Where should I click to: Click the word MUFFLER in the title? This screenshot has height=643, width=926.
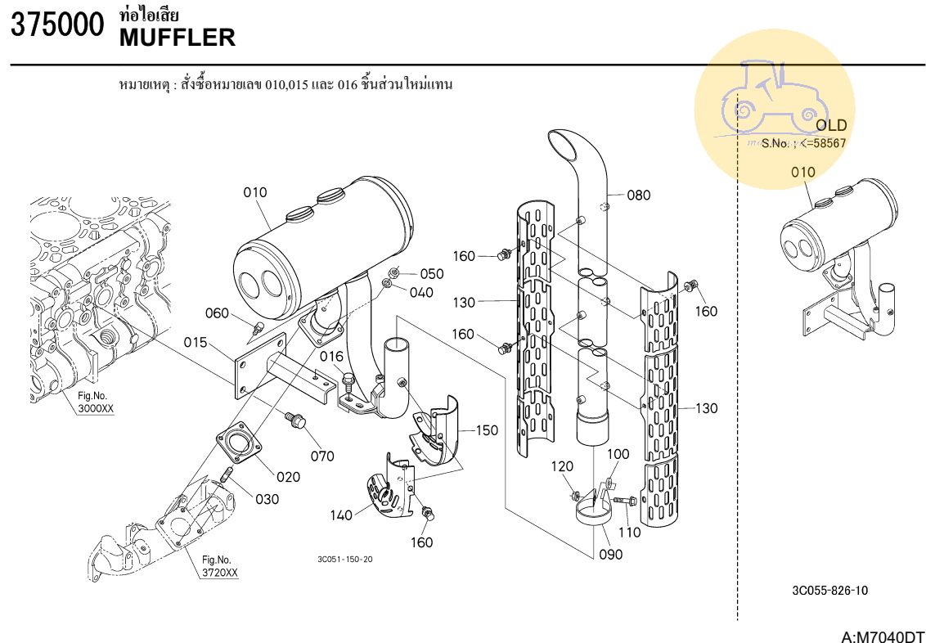pos(178,38)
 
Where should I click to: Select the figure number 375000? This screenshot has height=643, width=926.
pos(57,25)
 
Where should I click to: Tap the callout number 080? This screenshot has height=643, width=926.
pos(639,196)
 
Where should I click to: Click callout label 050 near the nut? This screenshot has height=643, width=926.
pos(433,274)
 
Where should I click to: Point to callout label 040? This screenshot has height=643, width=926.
pos(422,293)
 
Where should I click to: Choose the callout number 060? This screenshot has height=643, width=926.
pos(217,313)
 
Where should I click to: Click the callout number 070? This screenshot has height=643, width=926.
pos(322,456)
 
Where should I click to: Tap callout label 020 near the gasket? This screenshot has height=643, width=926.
pos(288,477)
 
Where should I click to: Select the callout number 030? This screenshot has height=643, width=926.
pos(267,499)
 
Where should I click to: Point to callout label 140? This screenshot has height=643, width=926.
pos(342,515)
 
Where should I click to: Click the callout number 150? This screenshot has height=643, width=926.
pos(487,430)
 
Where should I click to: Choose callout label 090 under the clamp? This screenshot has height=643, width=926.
pos(610,555)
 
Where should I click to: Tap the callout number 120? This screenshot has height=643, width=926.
pos(563,466)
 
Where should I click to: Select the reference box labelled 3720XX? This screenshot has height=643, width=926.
pos(219,573)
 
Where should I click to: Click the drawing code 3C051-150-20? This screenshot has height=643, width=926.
pos(345,560)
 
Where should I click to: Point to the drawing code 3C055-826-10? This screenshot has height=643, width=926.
pos(830,591)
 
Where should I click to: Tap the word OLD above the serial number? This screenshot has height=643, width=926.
pos(831,126)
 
